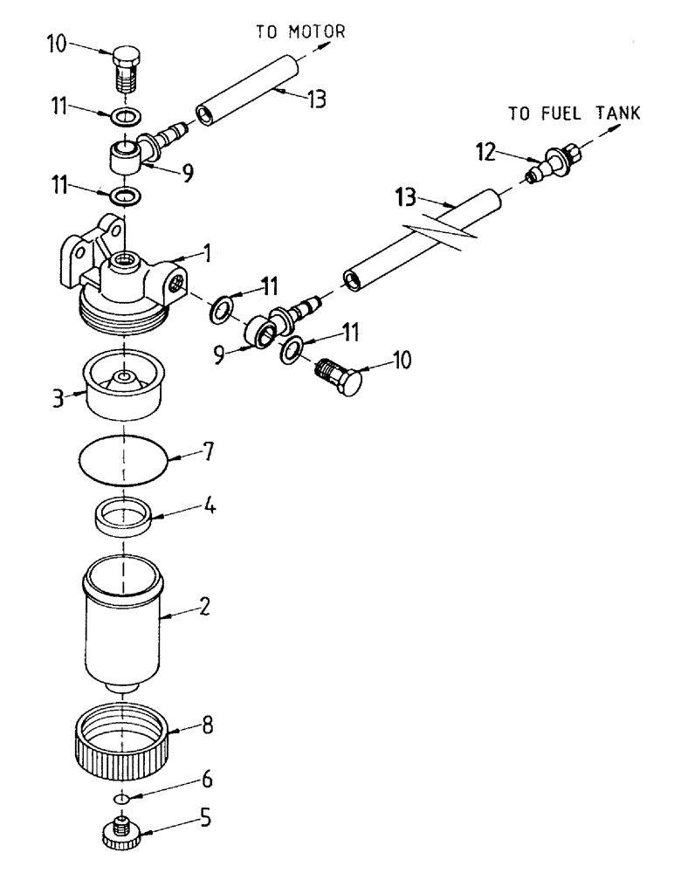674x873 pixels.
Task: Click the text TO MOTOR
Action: (x=300, y=32)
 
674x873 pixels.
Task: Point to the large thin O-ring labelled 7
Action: (x=122, y=457)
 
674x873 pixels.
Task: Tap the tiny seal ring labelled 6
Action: (x=121, y=798)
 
